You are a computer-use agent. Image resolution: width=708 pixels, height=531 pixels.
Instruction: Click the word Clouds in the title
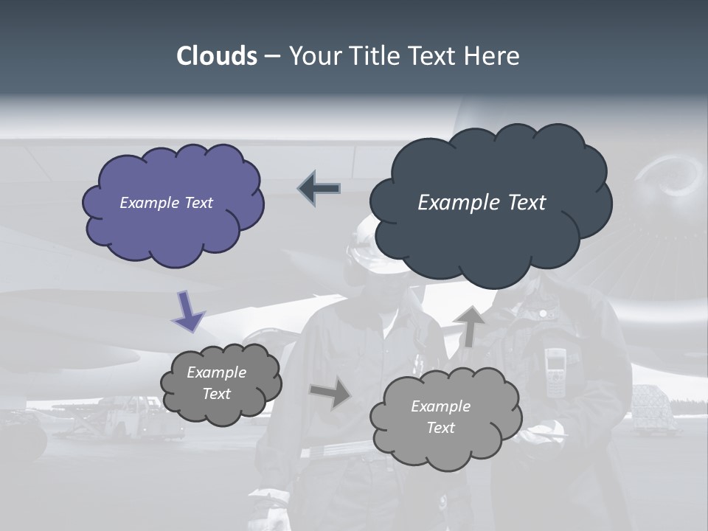[x=216, y=56]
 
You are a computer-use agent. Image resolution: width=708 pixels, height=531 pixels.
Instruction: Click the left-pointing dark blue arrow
[x=319, y=189]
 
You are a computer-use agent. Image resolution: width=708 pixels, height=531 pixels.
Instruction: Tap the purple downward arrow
[x=189, y=311]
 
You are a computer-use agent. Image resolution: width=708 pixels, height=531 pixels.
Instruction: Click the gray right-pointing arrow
[x=331, y=393]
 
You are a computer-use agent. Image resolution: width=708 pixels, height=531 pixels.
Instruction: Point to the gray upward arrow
[x=469, y=326]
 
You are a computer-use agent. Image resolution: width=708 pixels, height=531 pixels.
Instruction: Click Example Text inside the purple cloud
[x=166, y=203]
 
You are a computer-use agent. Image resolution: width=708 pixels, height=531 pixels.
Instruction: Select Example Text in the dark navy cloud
[x=482, y=203]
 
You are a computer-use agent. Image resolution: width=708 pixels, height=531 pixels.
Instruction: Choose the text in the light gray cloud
[x=440, y=417]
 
